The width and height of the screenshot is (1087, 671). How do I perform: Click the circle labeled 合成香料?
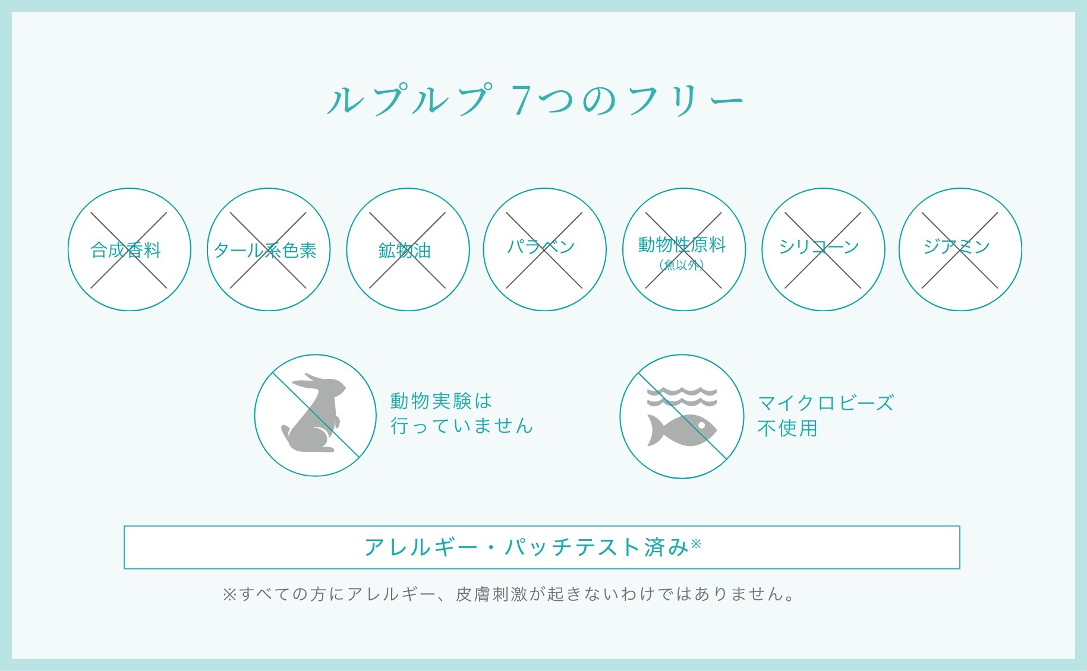click(x=129, y=249)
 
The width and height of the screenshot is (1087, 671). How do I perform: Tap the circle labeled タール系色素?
click(x=268, y=249)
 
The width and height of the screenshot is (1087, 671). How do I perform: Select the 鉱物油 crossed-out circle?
click(x=408, y=249)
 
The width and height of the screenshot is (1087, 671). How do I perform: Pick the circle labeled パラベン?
click(x=544, y=249)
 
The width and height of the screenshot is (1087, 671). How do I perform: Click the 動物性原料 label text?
click(x=682, y=244)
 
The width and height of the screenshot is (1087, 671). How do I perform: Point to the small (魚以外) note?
click(x=682, y=265)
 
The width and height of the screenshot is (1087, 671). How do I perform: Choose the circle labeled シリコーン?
click(x=823, y=249)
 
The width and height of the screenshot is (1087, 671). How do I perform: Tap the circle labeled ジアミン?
click(x=960, y=249)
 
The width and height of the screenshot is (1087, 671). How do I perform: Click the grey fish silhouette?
click(x=682, y=429)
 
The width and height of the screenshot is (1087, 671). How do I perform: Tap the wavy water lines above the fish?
click(x=682, y=396)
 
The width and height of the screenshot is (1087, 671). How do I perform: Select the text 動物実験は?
click(x=441, y=401)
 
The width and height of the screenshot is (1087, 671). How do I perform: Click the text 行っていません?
click(x=461, y=426)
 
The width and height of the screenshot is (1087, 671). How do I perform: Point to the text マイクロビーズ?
click(x=826, y=403)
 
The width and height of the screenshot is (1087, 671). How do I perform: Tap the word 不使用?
click(x=787, y=428)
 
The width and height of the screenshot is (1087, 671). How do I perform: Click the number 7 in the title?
click(x=521, y=100)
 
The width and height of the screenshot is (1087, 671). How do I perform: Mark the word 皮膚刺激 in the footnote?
click(x=491, y=594)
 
